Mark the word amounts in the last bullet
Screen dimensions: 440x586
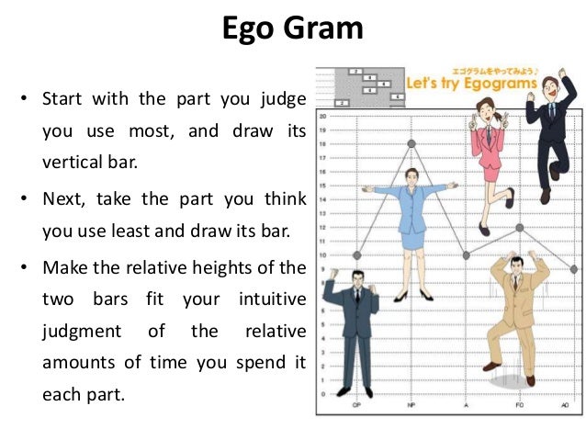[78, 363]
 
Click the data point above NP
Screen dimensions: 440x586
[411, 143]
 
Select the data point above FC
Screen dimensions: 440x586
[520, 227]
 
